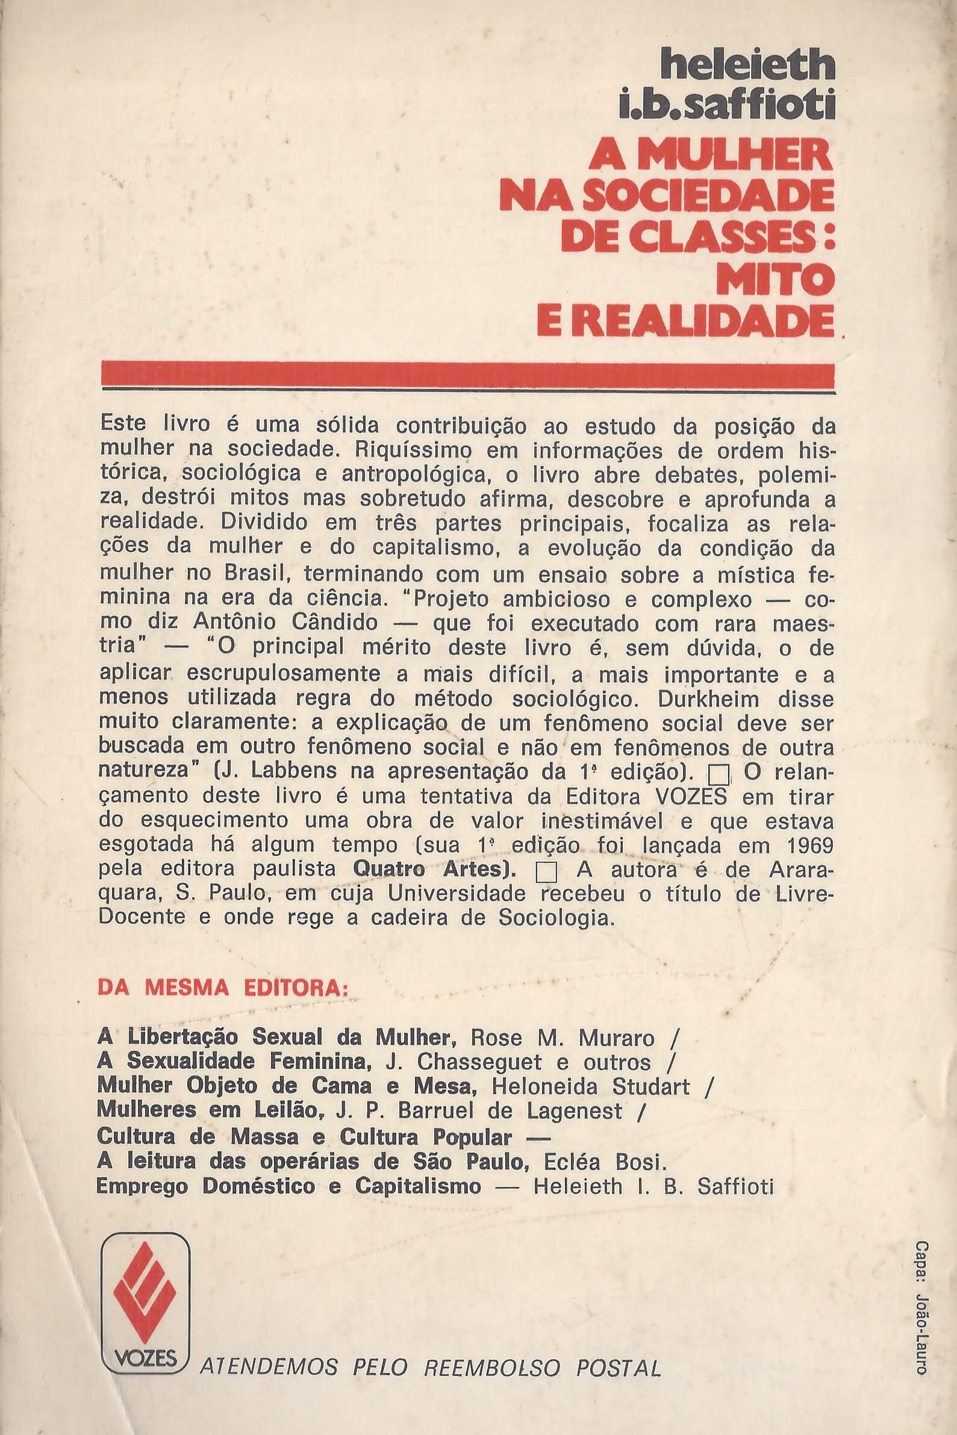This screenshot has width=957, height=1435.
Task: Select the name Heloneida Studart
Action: [590, 1086]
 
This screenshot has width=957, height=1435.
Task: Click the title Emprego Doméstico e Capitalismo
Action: [288, 1186]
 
